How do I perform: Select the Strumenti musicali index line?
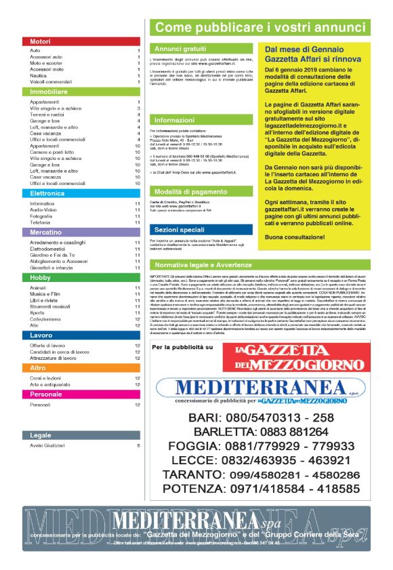(51, 306)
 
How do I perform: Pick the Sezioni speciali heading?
(180, 230)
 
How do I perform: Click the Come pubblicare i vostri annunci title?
(261, 28)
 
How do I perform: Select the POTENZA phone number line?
(262, 487)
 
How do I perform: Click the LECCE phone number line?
(262, 460)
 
